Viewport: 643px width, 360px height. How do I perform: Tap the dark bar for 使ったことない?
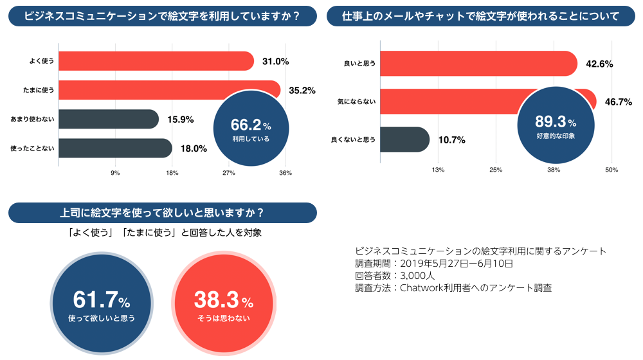[x=115, y=148]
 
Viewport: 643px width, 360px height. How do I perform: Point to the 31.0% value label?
[x=276, y=61]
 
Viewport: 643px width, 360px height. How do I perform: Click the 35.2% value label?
[x=302, y=91]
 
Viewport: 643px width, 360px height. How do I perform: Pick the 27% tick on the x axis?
[x=229, y=173]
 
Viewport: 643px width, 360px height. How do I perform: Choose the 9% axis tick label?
[x=116, y=173]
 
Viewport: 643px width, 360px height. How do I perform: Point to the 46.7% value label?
[x=618, y=102]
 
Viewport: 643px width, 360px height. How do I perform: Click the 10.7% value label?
[x=452, y=139]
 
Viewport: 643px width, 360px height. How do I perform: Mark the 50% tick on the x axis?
[x=611, y=170]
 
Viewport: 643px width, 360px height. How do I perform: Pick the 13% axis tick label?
[x=438, y=170]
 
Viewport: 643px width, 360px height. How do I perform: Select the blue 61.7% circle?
[x=102, y=303]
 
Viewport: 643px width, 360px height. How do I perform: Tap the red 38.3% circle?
[x=224, y=303]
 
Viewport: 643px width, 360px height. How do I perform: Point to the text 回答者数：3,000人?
[x=395, y=275]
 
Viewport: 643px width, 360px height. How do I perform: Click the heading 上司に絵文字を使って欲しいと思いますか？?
[x=162, y=212]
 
